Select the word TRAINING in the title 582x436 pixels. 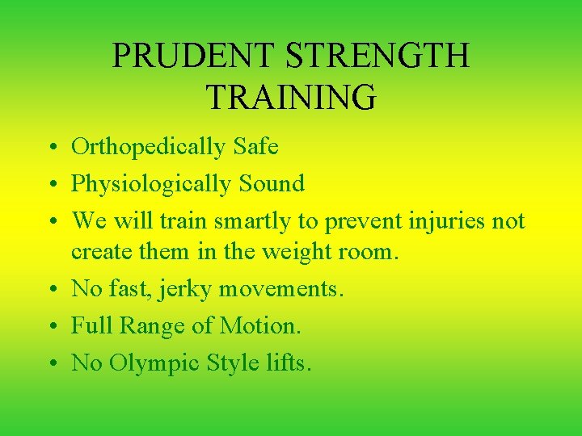click(x=291, y=97)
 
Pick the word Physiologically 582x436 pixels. click(x=151, y=185)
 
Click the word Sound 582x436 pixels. click(x=272, y=184)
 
